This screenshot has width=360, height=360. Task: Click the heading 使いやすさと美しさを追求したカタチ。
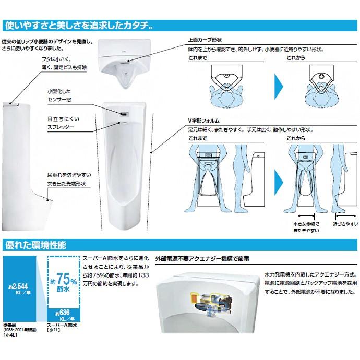[x=78, y=25]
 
